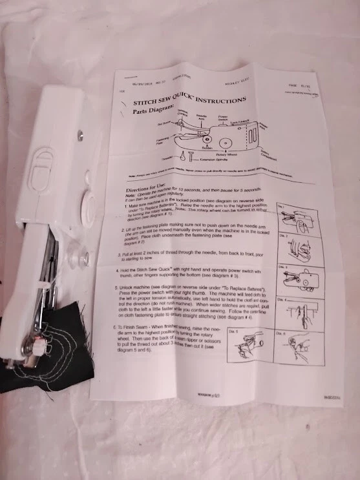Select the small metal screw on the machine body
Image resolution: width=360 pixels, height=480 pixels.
coord(79,135)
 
